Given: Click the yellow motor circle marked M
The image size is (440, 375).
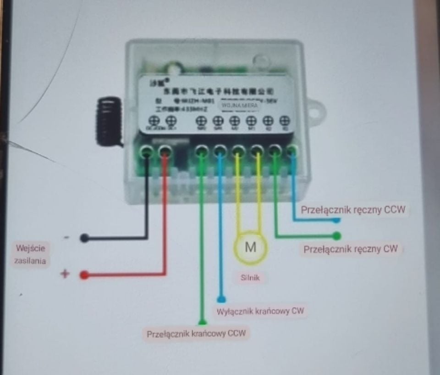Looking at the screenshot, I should (250, 247).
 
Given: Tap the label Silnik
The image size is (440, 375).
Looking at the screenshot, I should (250, 277).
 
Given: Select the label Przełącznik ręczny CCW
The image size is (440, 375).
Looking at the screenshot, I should (353, 210).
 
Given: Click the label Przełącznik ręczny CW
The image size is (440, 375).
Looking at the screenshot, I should (351, 249).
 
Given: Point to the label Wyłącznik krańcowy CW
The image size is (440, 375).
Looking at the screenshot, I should (260, 311).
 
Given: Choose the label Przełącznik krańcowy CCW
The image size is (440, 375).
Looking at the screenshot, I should (197, 334).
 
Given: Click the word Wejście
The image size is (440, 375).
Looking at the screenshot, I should (31, 248).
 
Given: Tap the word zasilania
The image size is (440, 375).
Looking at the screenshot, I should (31, 261).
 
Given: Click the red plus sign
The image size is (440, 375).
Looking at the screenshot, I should (65, 274).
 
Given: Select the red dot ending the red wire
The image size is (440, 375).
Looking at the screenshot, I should (84, 275).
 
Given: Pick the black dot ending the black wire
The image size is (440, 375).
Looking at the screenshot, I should (84, 238).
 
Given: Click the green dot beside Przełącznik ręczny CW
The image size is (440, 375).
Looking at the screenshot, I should (337, 236).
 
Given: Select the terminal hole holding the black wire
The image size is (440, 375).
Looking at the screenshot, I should (147, 151).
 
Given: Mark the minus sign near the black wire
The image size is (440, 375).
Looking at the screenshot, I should (67, 237).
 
